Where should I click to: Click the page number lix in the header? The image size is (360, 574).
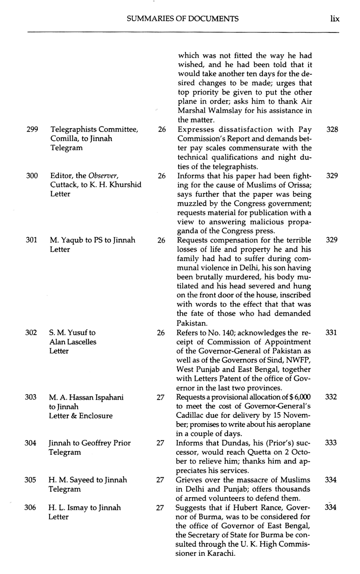(335, 19)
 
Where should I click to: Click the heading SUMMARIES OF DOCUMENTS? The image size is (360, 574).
(183, 19)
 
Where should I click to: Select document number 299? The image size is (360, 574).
(32, 129)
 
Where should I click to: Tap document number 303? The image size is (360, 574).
(30, 397)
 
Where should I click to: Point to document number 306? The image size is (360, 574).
(30, 507)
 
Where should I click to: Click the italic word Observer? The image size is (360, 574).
(103, 175)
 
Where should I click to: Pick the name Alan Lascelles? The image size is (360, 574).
(73, 342)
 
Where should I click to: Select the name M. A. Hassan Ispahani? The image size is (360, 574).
(86, 397)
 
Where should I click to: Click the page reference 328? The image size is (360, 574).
(332, 129)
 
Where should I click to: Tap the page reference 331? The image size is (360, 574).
(331, 332)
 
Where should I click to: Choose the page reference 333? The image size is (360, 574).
(331, 443)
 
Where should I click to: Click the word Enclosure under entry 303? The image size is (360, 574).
(95, 416)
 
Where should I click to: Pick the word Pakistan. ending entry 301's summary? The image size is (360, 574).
(192, 323)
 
